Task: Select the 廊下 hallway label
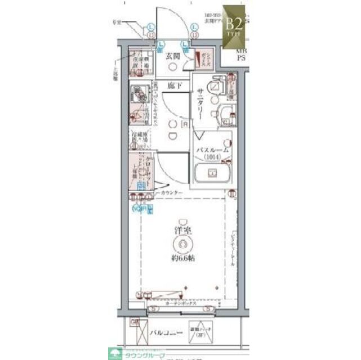(174, 85)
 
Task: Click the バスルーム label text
(212, 150)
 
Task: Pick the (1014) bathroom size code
(212, 158)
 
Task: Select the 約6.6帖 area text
(184, 259)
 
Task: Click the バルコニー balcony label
(167, 333)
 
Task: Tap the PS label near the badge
(240, 57)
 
